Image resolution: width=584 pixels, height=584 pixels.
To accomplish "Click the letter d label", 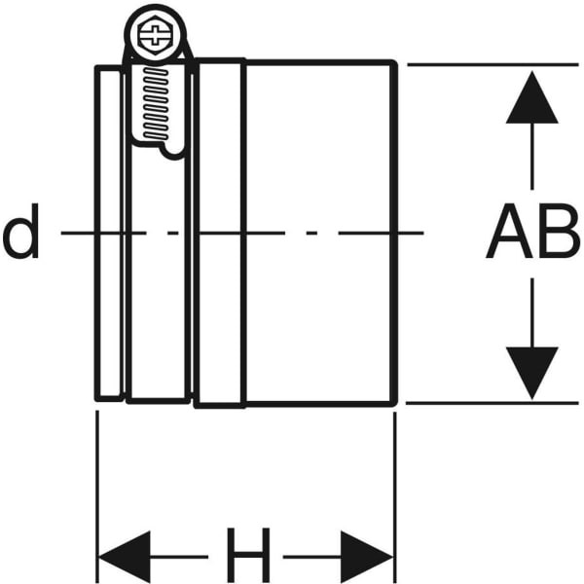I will [x=21, y=236].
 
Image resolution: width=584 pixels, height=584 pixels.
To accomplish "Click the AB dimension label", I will [x=531, y=235].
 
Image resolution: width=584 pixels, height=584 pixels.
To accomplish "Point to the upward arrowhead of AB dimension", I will [x=531, y=97].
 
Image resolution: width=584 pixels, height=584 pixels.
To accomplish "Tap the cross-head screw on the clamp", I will [x=154, y=39].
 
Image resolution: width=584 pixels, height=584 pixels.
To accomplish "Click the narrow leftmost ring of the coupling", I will [x=110, y=234].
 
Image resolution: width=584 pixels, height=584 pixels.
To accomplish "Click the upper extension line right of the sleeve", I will [x=487, y=64].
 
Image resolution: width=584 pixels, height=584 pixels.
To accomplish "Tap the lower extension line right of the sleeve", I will [x=487, y=401].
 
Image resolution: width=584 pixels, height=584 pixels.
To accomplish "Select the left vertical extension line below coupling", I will [x=97, y=487].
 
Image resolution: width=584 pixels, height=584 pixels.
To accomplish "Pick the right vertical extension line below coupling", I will [x=394, y=487].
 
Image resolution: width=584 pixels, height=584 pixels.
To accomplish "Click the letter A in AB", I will [x=508, y=235].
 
